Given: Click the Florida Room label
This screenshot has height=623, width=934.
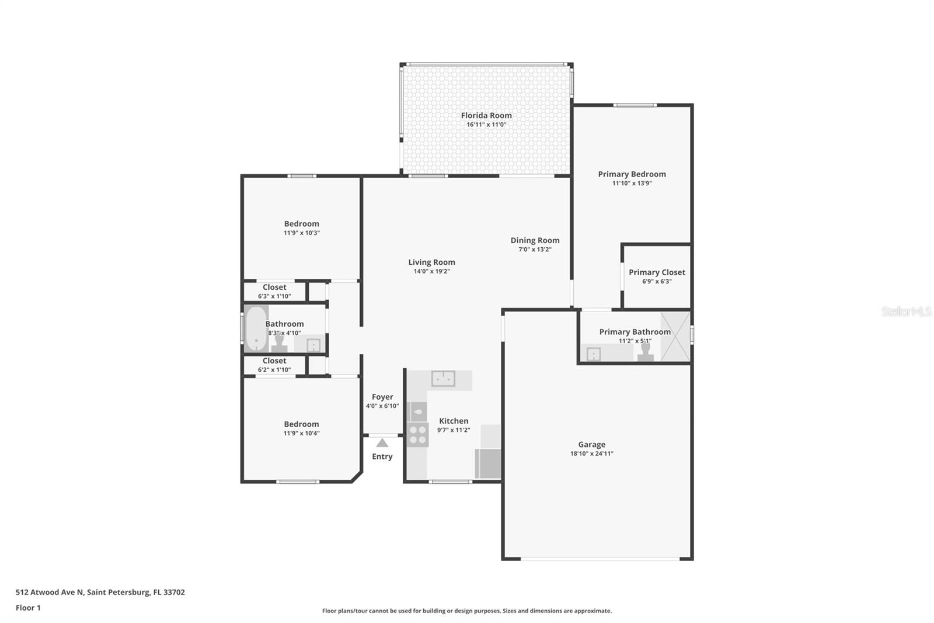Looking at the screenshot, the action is [486, 115].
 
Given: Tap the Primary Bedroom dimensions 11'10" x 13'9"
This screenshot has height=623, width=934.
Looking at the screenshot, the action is [632, 184].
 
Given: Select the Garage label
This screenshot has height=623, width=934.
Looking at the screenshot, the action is [592, 444].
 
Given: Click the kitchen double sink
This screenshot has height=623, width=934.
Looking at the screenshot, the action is [443, 379].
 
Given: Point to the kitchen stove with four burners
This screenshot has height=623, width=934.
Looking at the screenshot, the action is [417, 435].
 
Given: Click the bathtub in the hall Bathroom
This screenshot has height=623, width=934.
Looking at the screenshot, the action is [256, 328].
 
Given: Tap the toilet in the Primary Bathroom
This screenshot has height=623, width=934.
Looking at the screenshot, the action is [646, 352].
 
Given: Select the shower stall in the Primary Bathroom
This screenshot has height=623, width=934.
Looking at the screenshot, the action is [675, 336].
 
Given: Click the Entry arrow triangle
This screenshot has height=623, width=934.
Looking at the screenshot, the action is [382, 442].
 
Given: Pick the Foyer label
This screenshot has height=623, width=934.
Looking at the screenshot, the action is [382, 397].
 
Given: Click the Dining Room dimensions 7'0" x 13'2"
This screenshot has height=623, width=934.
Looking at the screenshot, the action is [535, 250].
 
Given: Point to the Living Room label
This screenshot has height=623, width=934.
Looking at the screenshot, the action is [431, 262].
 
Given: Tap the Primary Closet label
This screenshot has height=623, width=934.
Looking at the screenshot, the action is [657, 272].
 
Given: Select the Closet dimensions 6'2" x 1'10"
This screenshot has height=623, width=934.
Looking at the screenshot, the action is [274, 369].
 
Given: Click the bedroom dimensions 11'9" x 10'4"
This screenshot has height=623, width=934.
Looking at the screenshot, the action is [301, 433].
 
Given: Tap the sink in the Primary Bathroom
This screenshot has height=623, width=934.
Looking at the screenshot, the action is [593, 354].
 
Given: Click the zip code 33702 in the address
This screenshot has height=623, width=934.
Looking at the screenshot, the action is [175, 592].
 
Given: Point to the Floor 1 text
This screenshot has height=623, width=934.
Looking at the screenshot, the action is [29, 608].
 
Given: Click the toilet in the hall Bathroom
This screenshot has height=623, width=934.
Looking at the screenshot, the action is [279, 343].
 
